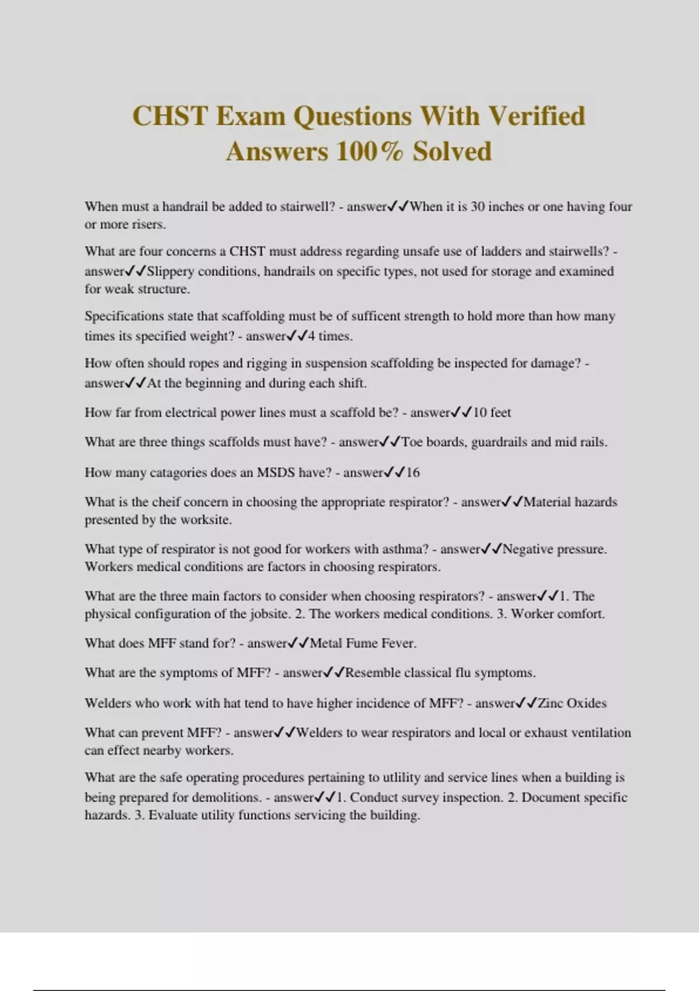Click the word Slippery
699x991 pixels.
(170, 271)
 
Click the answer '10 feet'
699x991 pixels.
(492, 413)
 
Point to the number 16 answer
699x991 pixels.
(412, 472)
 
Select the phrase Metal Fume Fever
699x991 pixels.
(363, 644)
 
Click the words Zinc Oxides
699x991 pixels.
(572, 703)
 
